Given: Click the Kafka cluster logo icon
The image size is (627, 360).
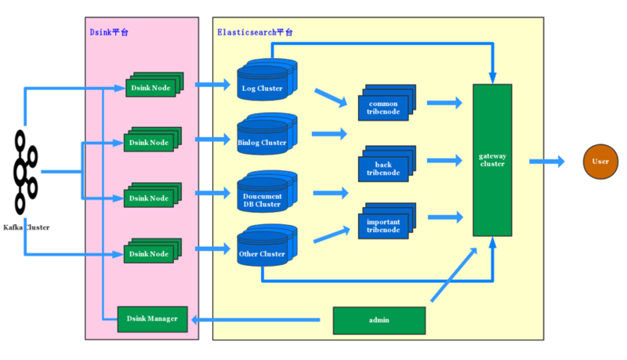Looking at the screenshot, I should tap(25, 172).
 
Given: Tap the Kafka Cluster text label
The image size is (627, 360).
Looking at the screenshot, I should tap(26, 227).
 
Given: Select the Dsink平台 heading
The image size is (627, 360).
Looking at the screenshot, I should tap(109, 32).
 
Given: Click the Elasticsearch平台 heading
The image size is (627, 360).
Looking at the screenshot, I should tap(255, 32).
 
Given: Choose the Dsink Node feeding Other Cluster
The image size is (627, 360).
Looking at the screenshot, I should tap(150, 253).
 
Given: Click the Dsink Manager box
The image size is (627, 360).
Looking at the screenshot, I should tap(152, 318).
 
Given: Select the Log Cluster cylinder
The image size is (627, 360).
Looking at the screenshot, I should tap(263, 86).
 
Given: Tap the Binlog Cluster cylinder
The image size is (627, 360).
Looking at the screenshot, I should tap(263, 140).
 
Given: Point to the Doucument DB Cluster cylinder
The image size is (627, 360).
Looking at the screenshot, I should tap(263, 198).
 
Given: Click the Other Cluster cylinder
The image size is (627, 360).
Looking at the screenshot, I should tap(263, 253).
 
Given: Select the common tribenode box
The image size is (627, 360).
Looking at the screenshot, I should tap(383, 107).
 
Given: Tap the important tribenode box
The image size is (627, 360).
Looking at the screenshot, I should tap(383, 226).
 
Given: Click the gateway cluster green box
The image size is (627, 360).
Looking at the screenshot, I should tap(492, 160).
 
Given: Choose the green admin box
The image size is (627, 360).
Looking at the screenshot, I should tap(379, 320).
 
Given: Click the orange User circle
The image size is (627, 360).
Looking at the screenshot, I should tap(600, 161).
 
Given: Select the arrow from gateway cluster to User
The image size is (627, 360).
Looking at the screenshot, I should tap(545, 162).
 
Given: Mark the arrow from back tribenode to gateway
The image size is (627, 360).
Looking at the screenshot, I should tap(444, 162).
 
